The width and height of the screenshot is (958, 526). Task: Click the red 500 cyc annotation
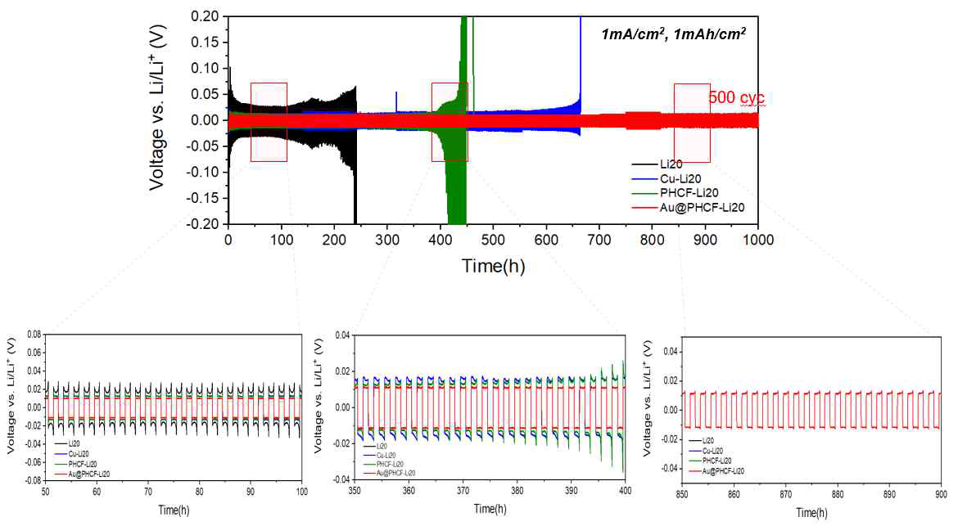(x=736, y=98)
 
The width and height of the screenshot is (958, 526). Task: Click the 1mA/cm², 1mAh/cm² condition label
(x=673, y=34)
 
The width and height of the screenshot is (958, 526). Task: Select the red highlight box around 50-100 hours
(x=269, y=122)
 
